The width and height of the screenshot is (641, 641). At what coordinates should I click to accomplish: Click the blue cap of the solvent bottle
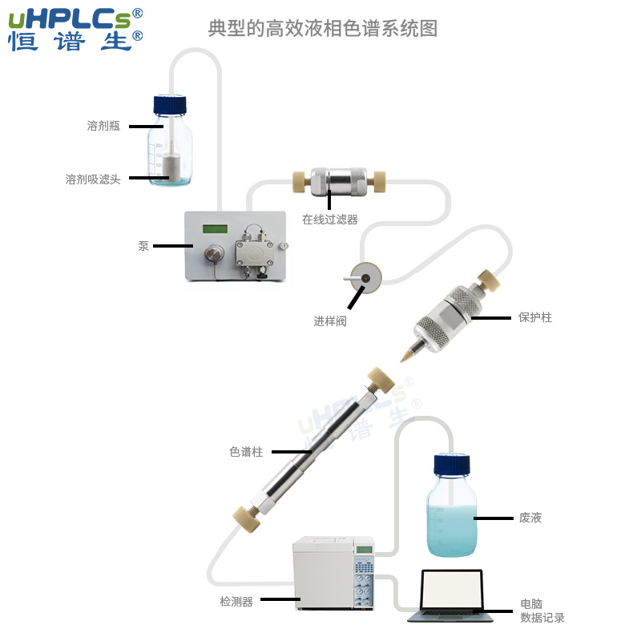point(171,104)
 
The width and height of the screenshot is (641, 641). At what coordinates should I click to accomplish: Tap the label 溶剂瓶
point(103,126)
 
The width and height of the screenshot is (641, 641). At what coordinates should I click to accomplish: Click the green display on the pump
point(215,229)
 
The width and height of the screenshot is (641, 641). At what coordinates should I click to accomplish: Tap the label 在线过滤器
point(329,219)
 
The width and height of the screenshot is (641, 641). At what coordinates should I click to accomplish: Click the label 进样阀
point(329,321)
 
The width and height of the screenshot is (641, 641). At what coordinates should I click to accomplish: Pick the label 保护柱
point(534,317)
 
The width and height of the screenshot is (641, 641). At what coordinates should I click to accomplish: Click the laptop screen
point(453,591)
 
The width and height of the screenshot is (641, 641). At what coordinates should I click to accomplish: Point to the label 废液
point(530,518)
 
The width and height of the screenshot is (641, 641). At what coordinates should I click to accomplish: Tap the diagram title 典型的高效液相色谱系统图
point(322,29)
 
